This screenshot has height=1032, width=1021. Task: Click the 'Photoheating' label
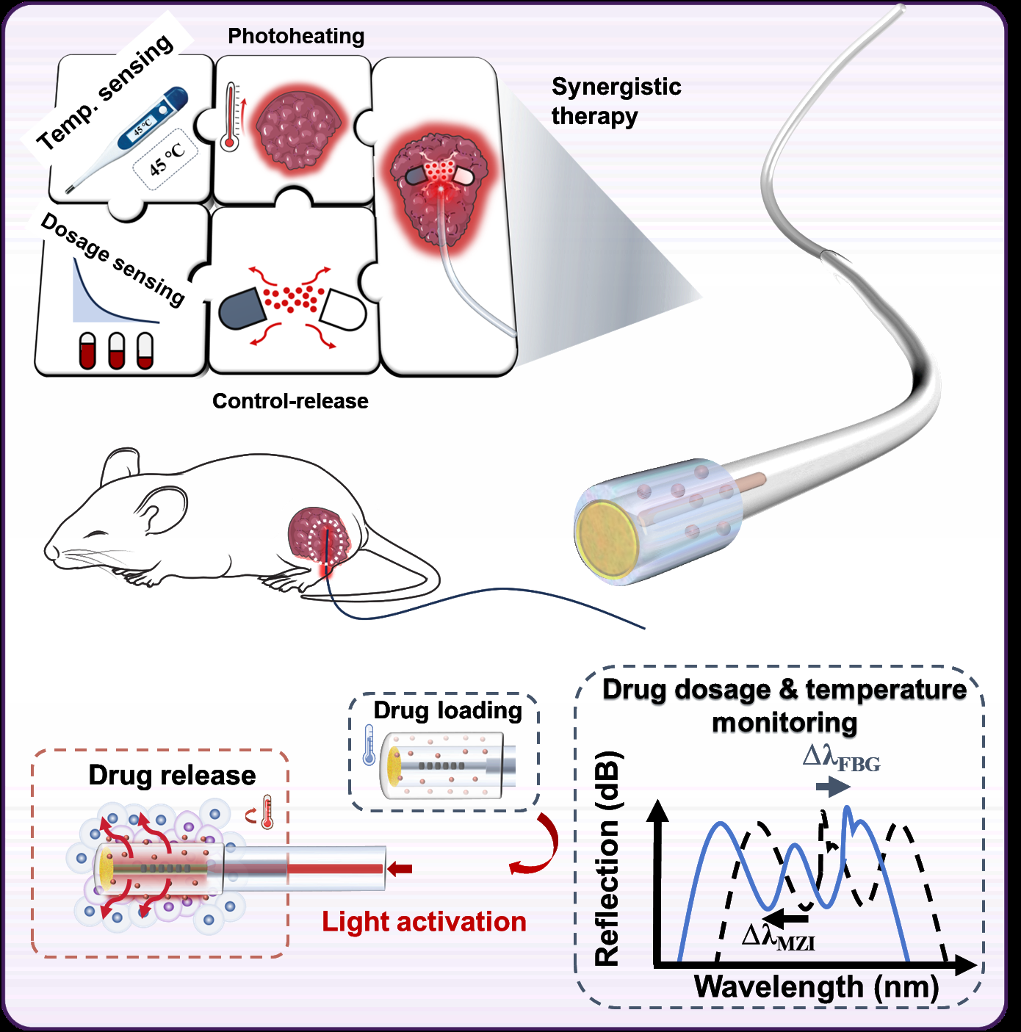coord(296,36)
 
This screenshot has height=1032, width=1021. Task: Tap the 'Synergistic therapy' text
coord(616,101)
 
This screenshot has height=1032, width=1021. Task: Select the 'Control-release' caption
coord(290,401)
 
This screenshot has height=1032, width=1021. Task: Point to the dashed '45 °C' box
coord(166,160)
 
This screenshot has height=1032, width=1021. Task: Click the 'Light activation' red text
coord(424,922)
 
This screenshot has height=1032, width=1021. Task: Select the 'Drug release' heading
coord(172,776)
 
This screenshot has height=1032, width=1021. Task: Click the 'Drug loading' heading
coord(447,710)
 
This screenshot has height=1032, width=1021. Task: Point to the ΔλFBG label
coord(841,759)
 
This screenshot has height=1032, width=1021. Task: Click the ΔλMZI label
coord(779,938)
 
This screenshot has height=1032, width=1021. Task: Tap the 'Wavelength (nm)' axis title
coord(816,986)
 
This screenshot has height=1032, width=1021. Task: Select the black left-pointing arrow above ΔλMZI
coord(784,917)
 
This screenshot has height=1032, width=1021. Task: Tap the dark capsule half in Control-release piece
coord(242,308)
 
